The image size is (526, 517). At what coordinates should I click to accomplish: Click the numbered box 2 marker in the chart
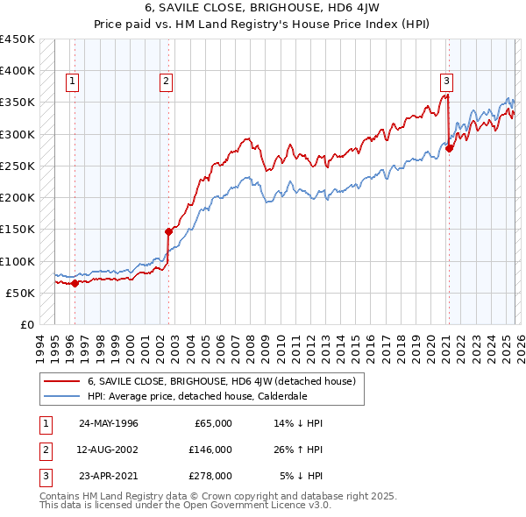(x=166, y=81)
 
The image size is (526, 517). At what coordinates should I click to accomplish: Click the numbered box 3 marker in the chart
(x=446, y=81)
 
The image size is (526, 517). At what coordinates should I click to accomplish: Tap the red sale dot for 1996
(x=75, y=283)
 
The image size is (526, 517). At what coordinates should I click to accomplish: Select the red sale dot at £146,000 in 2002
(x=168, y=232)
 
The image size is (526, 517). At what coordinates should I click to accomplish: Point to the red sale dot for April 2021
(x=449, y=148)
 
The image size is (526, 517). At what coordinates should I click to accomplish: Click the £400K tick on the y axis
(x=18, y=71)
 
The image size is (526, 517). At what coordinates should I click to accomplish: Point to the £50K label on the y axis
(x=21, y=293)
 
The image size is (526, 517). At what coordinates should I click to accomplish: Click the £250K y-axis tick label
(x=18, y=166)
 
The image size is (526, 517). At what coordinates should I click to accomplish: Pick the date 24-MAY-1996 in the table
(x=109, y=423)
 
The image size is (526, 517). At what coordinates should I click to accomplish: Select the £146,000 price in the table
(x=210, y=450)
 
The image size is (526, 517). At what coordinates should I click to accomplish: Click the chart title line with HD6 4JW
(x=263, y=9)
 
